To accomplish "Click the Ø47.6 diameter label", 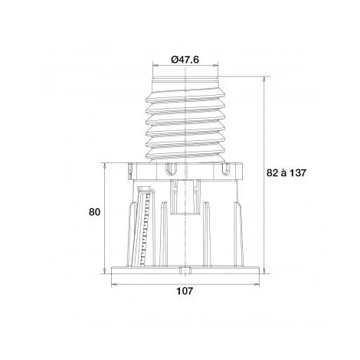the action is (185, 60).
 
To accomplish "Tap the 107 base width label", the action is (185, 291).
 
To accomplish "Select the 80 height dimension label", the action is (94, 212).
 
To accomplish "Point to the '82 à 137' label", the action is (286, 173).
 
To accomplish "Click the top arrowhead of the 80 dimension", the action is (104, 165).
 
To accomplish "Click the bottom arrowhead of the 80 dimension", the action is (104, 271).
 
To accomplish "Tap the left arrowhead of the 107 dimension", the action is (114, 284).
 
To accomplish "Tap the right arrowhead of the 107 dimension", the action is (257, 284).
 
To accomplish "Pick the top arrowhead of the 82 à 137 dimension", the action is (264, 80).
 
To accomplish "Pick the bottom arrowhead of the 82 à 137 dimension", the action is (264, 271).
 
